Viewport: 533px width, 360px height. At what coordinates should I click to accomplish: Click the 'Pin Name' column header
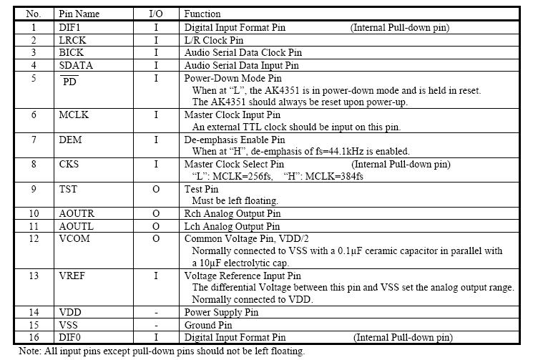tap(79, 14)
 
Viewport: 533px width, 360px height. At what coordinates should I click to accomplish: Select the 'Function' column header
tap(202, 14)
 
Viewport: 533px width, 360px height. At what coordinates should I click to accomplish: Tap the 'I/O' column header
tap(156, 14)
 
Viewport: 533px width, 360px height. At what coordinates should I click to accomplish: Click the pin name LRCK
tap(72, 40)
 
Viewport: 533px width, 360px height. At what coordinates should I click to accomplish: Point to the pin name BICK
tap(72, 52)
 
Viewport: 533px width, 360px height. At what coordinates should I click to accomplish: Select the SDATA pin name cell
tap(76, 65)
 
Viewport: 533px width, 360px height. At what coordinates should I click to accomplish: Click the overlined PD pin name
tap(70, 81)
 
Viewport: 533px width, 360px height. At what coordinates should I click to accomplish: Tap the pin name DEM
tap(70, 140)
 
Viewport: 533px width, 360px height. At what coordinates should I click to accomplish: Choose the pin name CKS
tap(69, 164)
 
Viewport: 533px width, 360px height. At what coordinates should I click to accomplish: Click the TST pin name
tap(69, 189)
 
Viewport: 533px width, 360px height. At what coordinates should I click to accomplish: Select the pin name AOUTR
tap(77, 213)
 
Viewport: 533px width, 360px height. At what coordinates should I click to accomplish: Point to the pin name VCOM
tap(74, 238)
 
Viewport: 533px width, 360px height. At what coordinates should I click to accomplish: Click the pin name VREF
tap(73, 276)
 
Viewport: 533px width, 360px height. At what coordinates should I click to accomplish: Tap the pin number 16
tap(34, 337)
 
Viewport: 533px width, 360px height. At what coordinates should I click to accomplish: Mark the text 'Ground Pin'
tap(208, 325)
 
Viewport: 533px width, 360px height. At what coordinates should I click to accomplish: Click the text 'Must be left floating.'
tap(235, 200)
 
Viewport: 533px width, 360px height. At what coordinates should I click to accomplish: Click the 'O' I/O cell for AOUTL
tap(156, 226)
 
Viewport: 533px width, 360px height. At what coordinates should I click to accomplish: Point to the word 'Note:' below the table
tap(31, 351)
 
